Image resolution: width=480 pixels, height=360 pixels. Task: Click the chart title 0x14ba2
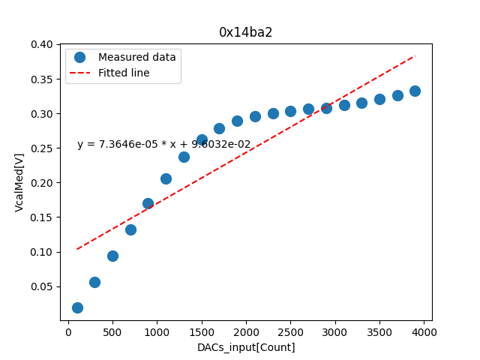tap(245, 32)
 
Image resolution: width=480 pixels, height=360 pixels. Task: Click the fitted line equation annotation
tap(163, 145)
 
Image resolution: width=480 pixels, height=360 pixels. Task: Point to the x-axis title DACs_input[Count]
tap(246, 347)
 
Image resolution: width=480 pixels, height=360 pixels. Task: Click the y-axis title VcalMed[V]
tap(19, 183)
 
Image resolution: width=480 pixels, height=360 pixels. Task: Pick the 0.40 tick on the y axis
tap(42, 45)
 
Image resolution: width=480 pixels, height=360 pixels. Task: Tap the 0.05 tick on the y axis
tap(42, 286)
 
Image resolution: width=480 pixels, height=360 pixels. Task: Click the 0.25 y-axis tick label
tap(42, 148)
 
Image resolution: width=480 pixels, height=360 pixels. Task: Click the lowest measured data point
tap(77, 307)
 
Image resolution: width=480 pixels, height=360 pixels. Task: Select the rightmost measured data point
tap(415, 91)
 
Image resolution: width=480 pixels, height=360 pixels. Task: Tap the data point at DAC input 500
tap(112, 256)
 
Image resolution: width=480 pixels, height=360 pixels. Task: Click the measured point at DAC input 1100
tap(166, 178)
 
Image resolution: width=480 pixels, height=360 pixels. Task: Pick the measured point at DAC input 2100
tap(255, 116)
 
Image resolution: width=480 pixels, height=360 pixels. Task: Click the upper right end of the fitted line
tap(415, 55)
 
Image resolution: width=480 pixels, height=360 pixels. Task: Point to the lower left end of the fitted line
tap(77, 249)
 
